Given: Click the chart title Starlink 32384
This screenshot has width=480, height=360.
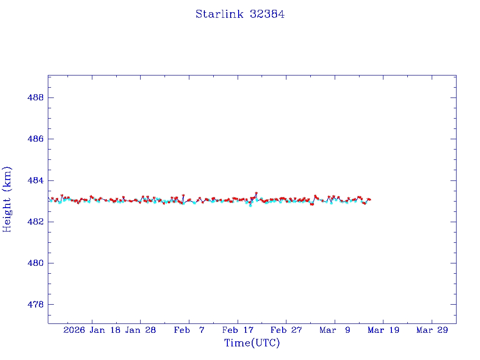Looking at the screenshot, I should tap(240, 14).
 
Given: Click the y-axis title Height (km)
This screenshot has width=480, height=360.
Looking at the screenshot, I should tap(7, 199).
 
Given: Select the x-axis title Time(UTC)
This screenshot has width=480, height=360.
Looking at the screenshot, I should tap(252, 343).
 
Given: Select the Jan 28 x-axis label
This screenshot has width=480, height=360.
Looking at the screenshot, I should tap(141, 330).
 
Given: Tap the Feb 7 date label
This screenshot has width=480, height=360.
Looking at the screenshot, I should tap(189, 330).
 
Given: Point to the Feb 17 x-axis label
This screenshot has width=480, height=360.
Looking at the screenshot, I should tap(238, 330).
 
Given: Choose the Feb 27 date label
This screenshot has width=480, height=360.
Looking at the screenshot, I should tap(286, 330).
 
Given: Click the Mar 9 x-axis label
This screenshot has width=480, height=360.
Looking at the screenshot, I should tap(335, 330).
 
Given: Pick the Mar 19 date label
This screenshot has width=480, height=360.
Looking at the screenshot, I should tap(383, 330).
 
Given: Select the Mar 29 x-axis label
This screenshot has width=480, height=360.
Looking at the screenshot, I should tap(432, 330).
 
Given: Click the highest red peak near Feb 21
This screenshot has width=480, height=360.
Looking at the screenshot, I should tap(256, 193).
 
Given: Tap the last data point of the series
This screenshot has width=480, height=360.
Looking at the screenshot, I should tap(370, 200).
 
